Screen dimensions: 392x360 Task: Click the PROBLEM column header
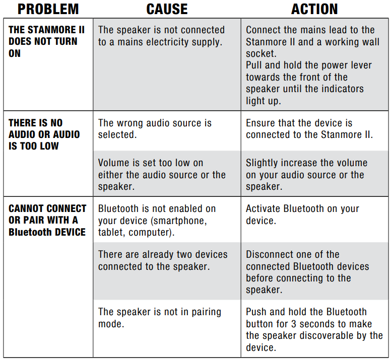click(48, 9)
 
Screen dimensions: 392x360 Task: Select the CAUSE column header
click(167, 9)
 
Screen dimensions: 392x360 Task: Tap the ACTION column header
click(314, 9)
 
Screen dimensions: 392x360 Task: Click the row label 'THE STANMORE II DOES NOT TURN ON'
click(46, 41)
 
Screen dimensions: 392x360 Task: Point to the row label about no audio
click(44, 134)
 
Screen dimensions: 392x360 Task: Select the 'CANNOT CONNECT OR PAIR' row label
click(47, 220)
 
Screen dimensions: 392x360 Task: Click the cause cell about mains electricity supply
click(162, 36)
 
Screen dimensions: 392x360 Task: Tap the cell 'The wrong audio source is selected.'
click(155, 129)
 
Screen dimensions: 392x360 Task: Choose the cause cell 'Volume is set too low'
click(162, 175)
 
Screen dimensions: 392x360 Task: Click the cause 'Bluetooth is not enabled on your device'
click(157, 221)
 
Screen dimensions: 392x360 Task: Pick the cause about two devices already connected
click(163, 260)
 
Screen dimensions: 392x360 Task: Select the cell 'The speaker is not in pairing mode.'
click(160, 318)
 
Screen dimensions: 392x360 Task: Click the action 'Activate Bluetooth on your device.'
click(302, 214)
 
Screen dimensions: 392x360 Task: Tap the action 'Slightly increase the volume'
click(307, 175)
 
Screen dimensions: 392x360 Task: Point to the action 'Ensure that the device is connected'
click(309, 129)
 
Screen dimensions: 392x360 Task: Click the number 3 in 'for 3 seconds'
click(294, 324)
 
